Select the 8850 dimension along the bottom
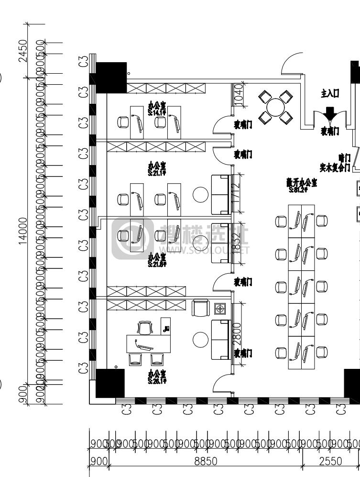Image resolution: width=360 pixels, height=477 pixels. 205,461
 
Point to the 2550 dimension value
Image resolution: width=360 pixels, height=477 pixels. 330,461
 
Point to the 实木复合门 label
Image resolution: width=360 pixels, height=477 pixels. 335,167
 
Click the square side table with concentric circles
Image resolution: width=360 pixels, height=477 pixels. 220,309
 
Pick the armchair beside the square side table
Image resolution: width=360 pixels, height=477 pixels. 201,308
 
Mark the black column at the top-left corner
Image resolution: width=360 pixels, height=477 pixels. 111,77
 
